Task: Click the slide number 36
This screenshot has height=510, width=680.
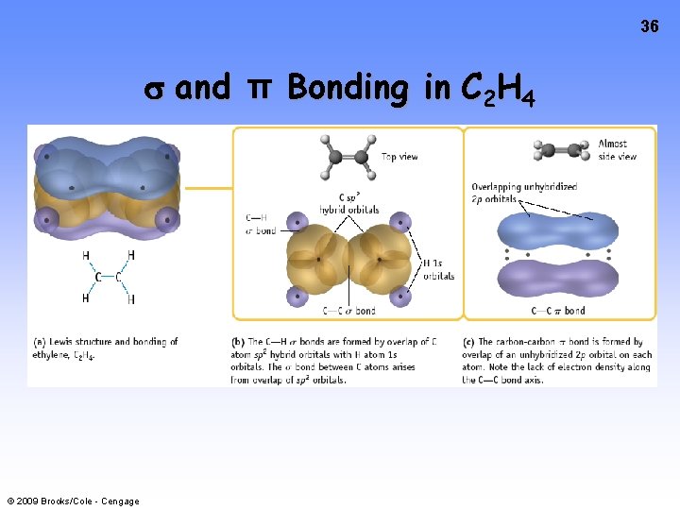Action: coord(649,26)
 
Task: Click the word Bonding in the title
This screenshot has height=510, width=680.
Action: coord(347,89)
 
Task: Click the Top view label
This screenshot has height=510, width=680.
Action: coord(399,156)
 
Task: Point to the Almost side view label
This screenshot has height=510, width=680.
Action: coord(618,150)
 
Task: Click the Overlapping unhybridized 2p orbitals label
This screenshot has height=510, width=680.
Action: coord(523,193)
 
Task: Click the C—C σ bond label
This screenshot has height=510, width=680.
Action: coord(349,311)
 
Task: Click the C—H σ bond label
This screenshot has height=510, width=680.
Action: coord(261,225)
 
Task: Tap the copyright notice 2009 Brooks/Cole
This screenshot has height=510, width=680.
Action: coord(73,501)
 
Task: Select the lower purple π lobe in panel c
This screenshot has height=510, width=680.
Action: coord(556,278)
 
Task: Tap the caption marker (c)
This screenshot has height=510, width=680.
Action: coord(468,341)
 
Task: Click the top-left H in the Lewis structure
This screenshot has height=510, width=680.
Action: coord(87,256)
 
